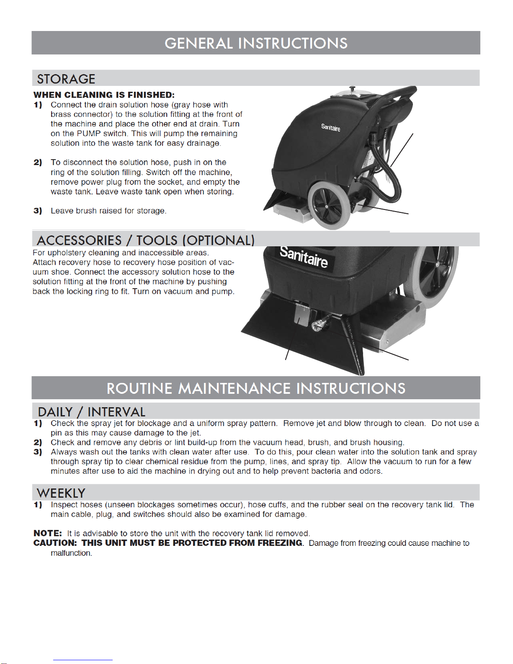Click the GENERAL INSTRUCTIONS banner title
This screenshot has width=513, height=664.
pos(256,43)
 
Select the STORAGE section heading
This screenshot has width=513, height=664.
pos(66,79)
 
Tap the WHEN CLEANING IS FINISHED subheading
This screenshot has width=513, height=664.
pos(104,95)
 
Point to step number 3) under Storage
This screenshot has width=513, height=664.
pos(38,211)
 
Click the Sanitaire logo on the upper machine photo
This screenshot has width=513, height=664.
pos(330,127)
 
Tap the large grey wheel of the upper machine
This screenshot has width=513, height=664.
pos(329,205)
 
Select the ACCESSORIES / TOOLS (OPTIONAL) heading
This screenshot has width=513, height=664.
pos(146,240)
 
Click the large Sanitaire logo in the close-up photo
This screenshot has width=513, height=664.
pos(304,256)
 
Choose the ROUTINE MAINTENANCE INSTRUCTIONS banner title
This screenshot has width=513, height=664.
pos(256,388)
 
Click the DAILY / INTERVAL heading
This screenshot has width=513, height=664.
pos(91,412)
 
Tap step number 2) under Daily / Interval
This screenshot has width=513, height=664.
pos(38,442)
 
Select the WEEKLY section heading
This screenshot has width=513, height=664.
pos(61,493)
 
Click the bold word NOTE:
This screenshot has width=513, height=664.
pos(48,533)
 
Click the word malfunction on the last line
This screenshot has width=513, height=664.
pos(71,553)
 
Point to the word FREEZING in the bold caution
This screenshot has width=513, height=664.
pos(280,543)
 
